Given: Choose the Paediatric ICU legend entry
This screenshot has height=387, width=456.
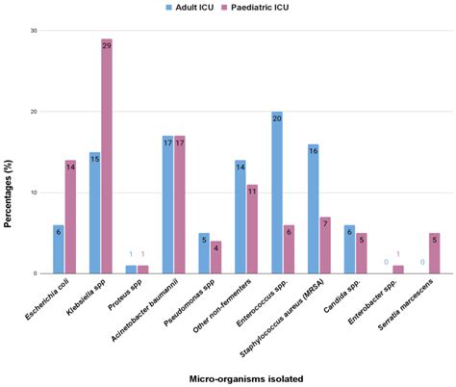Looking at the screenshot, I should tap(274, 7).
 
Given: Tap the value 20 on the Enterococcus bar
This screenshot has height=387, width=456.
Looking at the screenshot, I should tap(277, 117).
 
